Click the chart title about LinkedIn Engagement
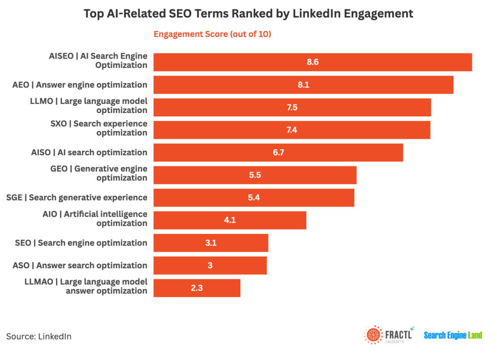248,14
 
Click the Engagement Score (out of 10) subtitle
212,34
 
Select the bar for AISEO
313,62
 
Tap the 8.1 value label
303,85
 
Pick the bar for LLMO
292,107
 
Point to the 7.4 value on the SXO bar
292,130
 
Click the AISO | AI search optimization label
89,152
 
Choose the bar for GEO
255,175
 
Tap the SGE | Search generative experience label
77,197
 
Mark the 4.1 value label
230,220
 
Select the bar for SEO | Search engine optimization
211,243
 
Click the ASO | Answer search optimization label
80,265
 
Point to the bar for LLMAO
197,288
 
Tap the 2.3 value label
197,288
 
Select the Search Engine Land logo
453,335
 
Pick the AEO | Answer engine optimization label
80,85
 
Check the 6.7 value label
278,152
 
